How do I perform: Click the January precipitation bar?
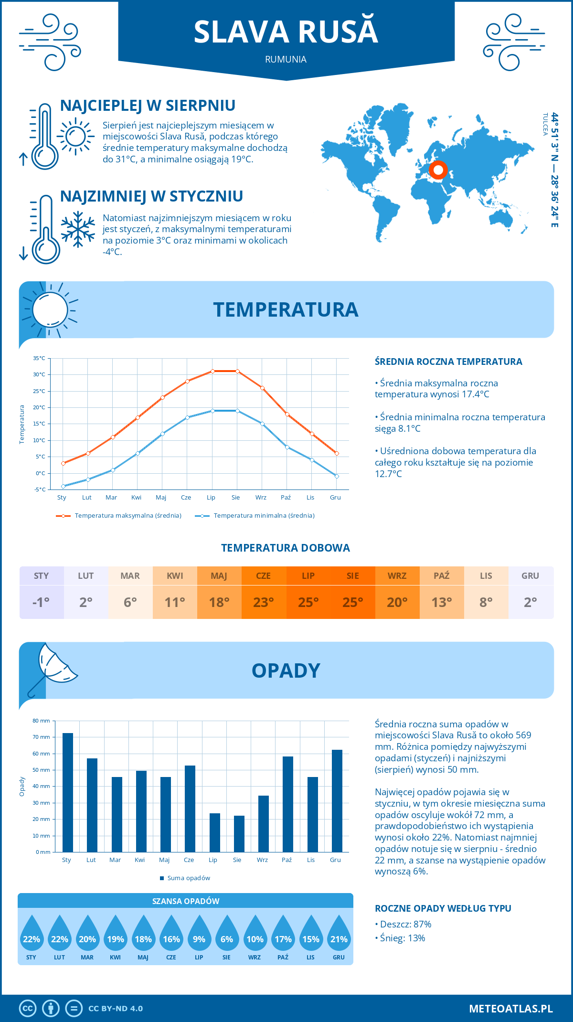point(68,792)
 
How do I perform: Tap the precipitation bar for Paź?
point(288,804)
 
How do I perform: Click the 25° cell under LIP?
point(308,602)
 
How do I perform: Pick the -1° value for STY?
point(41,602)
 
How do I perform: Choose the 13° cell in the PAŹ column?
point(442,602)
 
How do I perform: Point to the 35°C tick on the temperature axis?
point(39,358)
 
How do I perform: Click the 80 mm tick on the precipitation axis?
point(42,721)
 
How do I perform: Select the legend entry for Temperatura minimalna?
point(255,516)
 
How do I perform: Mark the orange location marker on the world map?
point(438,170)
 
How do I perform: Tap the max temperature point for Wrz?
point(262,388)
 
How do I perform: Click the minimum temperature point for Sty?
point(63,486)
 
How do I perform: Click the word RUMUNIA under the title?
point(286,59)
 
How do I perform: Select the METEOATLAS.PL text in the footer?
point(510,1008)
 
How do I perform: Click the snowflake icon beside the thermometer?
point(78,229)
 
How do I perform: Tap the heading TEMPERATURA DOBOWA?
point(286,548)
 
